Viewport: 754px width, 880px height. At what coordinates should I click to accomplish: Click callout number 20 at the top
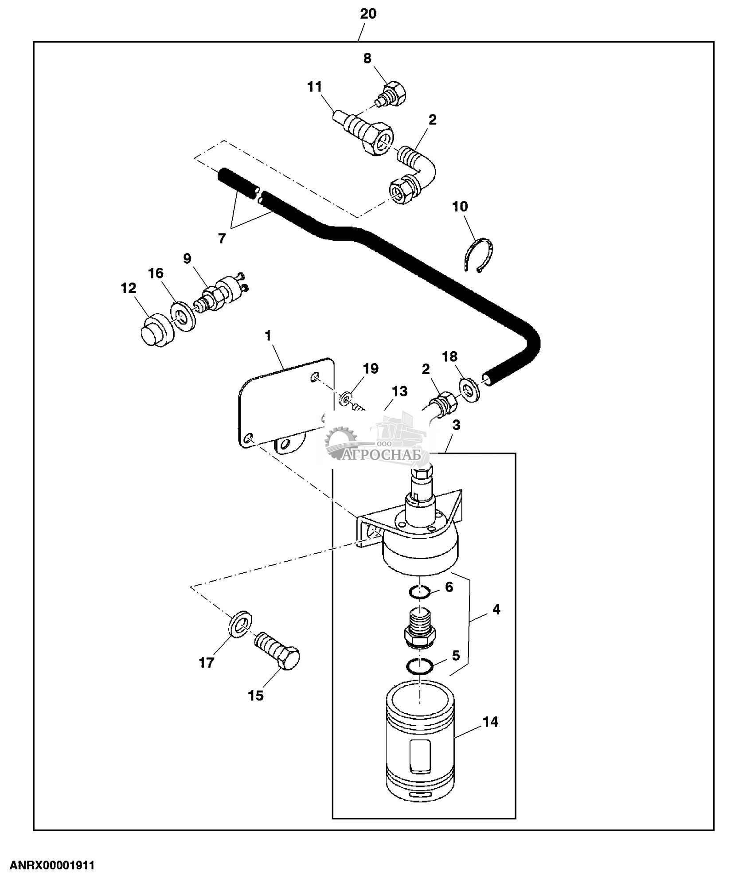[368, 14]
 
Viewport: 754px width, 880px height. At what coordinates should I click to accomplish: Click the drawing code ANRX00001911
[52, 865]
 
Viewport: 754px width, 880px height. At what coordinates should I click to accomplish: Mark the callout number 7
[222, 239]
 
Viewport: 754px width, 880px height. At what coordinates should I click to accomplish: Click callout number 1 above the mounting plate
[268, 336]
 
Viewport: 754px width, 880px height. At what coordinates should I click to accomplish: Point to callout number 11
[315, 86]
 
